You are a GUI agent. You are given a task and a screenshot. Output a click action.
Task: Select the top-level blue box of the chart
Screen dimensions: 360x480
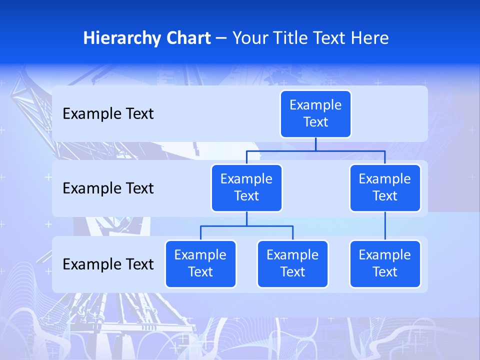[315, 113]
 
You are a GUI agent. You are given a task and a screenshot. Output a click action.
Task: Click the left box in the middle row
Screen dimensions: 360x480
[246, 187]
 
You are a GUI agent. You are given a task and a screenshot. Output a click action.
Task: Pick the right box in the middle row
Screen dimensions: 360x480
[385, 187]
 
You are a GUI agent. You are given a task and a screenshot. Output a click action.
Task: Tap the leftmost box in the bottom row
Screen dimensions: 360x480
[200, 263]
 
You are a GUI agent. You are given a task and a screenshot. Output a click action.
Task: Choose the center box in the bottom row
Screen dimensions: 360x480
[292, 263]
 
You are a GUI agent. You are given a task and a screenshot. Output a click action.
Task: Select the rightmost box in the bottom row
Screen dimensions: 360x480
[385, 263]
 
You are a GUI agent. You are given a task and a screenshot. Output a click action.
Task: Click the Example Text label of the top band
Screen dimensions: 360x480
[108, 113]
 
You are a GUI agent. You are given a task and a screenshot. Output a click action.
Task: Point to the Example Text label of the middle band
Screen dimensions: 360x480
[108, 188]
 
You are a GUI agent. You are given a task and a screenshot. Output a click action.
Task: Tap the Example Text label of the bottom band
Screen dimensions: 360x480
[108, 264]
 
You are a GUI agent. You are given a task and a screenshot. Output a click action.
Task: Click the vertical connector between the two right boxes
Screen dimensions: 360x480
[385, 226]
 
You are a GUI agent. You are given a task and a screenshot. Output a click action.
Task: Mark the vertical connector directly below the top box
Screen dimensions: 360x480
[315, 144]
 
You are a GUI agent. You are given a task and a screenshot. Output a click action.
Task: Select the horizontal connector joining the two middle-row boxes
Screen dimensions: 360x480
[315, 150]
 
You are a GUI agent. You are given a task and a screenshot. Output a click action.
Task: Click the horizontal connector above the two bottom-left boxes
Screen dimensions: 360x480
[246, 226]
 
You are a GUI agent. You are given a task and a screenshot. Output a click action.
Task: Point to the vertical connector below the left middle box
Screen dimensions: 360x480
[246, 219]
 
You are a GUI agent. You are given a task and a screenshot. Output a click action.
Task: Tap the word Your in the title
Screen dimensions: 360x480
[249, 38]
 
